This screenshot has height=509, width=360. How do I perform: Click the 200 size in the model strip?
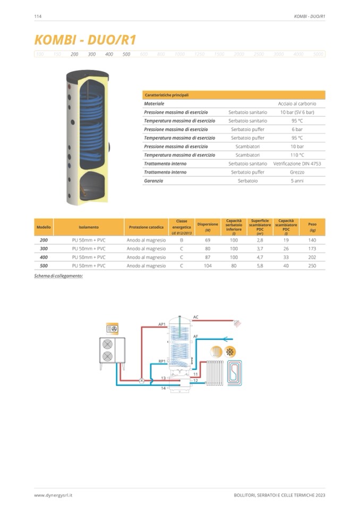(x=74, y=54)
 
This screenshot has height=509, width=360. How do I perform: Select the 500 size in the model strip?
(x=126, y=54)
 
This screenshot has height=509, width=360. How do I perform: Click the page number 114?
(x=38, y=16)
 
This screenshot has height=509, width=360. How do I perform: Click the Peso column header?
(x=312, y=227)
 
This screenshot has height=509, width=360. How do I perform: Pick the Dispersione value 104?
(x=208, y=266)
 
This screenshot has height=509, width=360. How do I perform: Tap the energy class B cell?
(x=181, y=240)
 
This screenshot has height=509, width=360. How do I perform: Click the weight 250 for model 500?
(x=312, y=266)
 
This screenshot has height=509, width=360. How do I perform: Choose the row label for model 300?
(x=44, y=248)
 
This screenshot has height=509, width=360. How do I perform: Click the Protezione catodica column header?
(x=146, y=227)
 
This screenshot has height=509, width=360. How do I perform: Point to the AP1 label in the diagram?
(x=162, y=324)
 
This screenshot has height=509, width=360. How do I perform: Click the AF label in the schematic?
(x=196, y=337)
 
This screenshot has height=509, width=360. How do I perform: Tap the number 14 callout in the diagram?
(x=164, y=389)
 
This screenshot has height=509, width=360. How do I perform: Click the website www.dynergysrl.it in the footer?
(x=53, y=495)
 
